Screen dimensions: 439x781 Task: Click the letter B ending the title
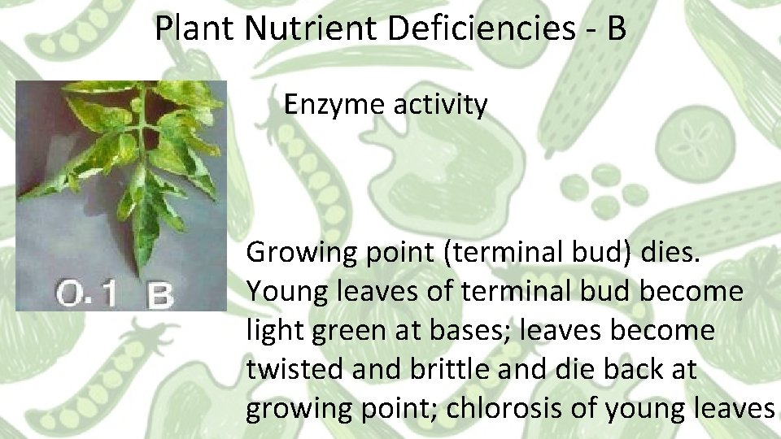tap(616, 30)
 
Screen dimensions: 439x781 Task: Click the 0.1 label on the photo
tap(84, 293)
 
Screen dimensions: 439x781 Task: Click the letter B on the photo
tap(159, 294)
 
